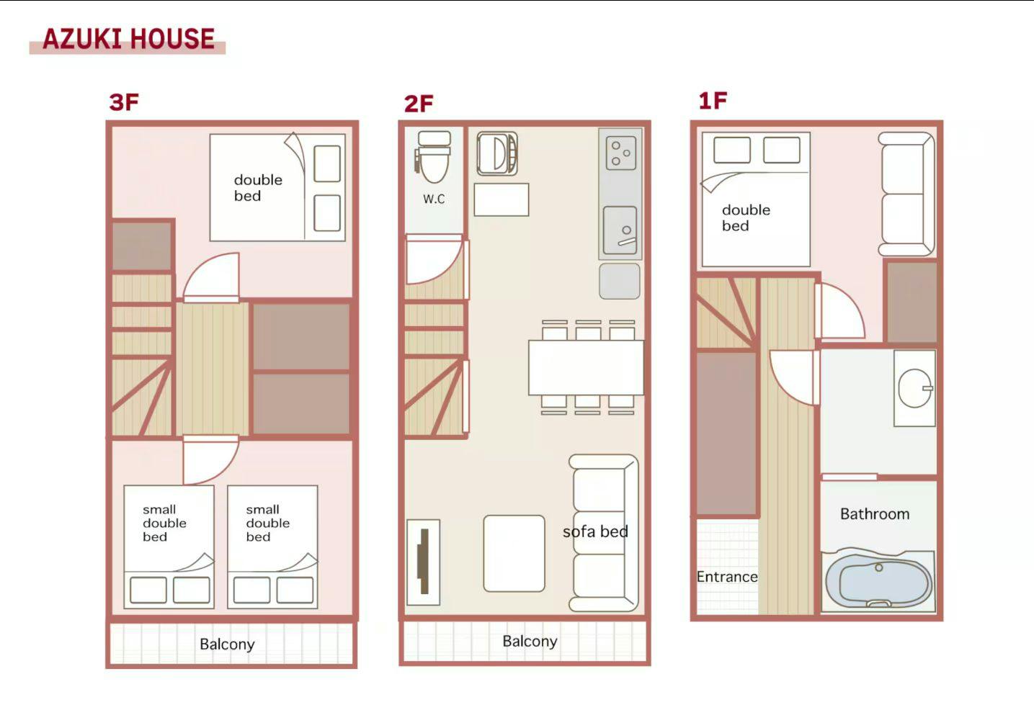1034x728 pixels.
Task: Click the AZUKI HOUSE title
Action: [128, 38]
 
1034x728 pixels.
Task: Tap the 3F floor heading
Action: [124, 102]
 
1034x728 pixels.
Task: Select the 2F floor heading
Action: [418, 104]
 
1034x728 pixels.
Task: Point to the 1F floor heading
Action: [713, 101]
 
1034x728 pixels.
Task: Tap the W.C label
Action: [434, 199]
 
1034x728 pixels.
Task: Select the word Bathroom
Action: [875, 514]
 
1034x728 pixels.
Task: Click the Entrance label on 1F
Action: [727, 577]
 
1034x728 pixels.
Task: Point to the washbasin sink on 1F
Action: [914, 387]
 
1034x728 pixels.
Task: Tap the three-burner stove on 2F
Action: [621, 153]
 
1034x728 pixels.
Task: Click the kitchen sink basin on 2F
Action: [620, 230]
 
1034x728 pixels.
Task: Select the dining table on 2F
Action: [586, 367]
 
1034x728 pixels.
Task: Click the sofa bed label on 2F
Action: [595, 531]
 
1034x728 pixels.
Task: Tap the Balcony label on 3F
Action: [227, 644]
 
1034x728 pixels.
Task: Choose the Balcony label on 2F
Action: [530, 642]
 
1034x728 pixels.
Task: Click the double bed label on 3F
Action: [258, 187]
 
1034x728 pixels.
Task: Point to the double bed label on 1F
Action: [746, 217]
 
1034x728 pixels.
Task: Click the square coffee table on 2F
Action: [514, 553]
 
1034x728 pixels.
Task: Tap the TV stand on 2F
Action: [423, 562]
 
